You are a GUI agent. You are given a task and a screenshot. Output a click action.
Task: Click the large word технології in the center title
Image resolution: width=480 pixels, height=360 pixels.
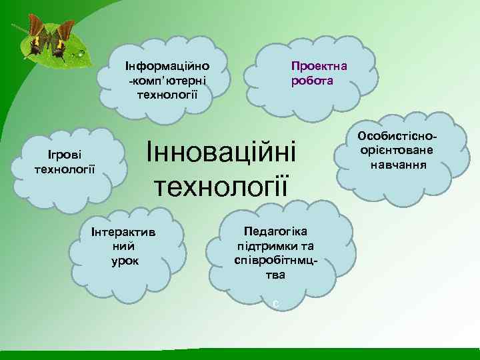222,184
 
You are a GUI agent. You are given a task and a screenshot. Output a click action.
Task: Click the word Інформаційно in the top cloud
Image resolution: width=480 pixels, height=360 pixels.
167,67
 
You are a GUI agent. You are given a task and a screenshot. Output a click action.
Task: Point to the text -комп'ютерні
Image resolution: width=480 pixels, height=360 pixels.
167,79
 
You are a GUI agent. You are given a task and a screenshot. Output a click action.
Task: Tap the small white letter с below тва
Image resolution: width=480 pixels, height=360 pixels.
275,304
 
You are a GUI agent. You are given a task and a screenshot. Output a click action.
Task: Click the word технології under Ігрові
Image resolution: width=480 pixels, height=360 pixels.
64,169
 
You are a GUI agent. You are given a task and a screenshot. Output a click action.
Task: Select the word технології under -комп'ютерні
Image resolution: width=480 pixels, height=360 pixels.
167,93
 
